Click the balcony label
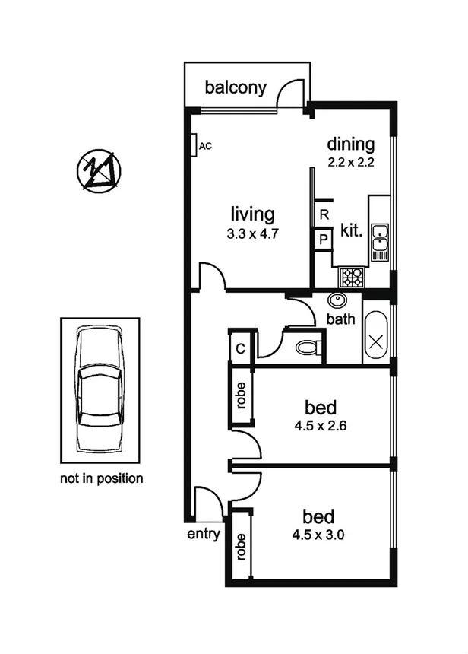pos(236,87)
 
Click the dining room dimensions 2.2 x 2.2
pos(352,162)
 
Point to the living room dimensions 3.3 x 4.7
pos(254,234)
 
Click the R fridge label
pos(324,215)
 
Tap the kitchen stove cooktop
pos(351,275)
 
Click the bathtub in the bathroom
pos(376,336)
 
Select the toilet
pos(307,348)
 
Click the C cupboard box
pos(240,348)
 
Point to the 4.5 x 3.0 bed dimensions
pos(320,534)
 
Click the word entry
pos(204,534)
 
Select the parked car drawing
pos(101,389)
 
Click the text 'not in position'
pos(101,479)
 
